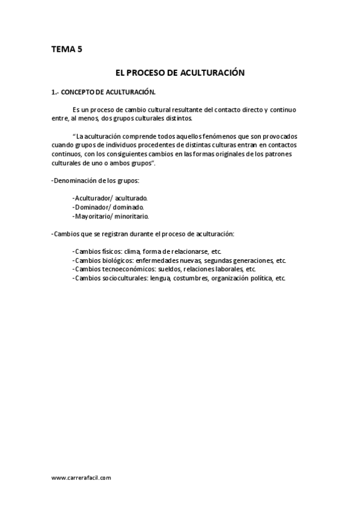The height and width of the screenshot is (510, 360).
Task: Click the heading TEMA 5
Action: pyautogui.click(x=66, y=49)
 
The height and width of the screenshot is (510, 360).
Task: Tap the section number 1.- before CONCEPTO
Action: pyautogui.click(x=56, y=92)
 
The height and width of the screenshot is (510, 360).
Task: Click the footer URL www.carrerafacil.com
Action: pyautogui.click(x=81, y=478)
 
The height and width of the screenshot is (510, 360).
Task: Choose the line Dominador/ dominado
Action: pyautogui.click(x=108, y=207)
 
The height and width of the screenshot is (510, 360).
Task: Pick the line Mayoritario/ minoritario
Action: pyautogui.click(x=111, y=216)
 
